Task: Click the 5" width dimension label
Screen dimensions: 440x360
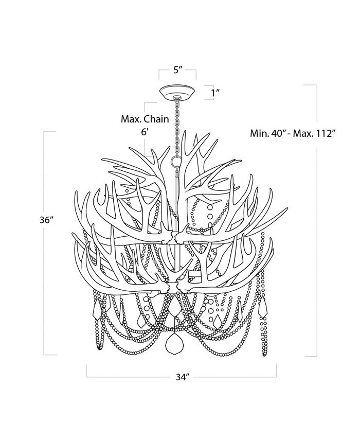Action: click(178, 71)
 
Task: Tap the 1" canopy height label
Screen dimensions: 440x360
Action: click(215, 93)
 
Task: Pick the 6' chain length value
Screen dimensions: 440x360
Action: click(145, 132)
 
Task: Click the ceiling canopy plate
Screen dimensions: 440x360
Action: click(177, 93)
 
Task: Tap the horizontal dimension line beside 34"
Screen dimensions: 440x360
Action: click(129, 377)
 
